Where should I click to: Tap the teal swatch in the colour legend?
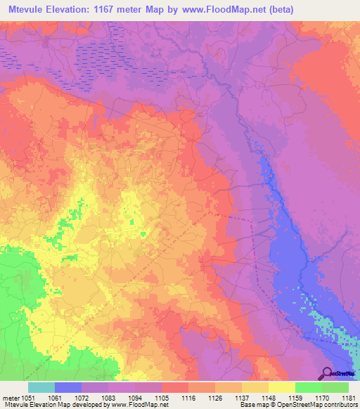41,387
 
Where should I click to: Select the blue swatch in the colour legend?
67,387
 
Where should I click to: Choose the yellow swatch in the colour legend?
281,387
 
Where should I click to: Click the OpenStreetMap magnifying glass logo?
326,373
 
